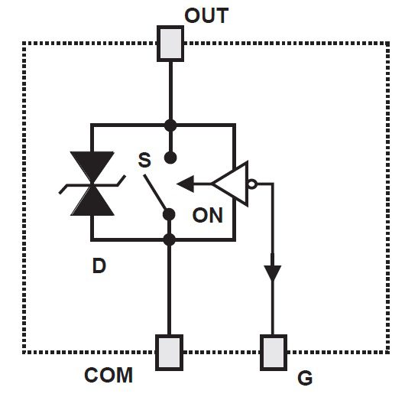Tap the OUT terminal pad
[x=169, y=44]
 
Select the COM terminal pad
[x=169, y=351]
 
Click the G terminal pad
[x=273, y=351]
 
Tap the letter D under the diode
[x=99, y=266]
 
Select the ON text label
[x=207, y=215]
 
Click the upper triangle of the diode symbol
[x=92, y=168]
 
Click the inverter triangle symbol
[x=232, y=184]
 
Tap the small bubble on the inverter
[x=253, y=184]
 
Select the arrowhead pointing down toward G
[x=273, y=273]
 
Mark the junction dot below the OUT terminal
[x=170, y=125]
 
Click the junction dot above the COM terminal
[x=170, y=240]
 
